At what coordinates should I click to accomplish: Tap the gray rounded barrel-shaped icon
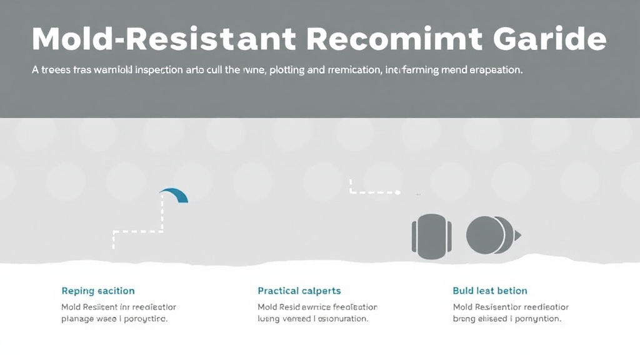[x=431, y=236]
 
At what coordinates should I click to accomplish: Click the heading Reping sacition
[x=98, y=291]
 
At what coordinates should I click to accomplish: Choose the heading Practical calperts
[x=299, y=291]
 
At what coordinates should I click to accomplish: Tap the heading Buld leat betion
[x=489, y=291]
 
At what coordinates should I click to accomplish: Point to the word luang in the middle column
[x=270, y=318]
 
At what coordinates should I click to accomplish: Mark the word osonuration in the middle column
[x=341, y=318]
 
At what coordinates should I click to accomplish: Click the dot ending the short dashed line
[x=397, y=193]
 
